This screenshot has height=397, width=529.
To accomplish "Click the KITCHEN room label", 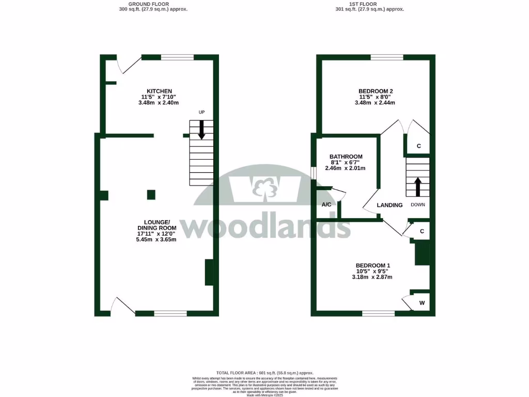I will point(159,91).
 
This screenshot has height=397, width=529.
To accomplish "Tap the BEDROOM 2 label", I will point(375,91).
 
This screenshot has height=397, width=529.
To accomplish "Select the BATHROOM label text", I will point(346,157).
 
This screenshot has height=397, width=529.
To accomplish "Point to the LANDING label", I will point(390,205).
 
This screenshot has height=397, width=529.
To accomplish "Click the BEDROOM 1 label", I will point(372,265).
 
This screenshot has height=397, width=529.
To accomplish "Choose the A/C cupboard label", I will point(326,205).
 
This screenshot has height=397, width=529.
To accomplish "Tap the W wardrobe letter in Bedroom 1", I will point(422,303).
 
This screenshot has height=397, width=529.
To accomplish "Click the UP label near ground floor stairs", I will point(202,112).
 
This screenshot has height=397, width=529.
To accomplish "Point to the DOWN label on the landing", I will point(418,205).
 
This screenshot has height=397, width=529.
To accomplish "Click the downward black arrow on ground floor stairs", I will point(201,130).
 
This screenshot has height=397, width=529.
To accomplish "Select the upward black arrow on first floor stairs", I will point(417,186).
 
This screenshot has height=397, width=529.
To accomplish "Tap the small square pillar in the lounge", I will point(151,195).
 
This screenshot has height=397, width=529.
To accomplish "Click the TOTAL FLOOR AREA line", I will point(264,373).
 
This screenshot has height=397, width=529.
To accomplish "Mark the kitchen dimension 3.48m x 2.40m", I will point(159,102).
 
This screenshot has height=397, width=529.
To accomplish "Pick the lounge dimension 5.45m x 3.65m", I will point(157,239).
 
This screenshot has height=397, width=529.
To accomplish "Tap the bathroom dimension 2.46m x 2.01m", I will point(345,168).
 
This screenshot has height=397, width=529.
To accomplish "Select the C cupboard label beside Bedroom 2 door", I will point(418,146).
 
